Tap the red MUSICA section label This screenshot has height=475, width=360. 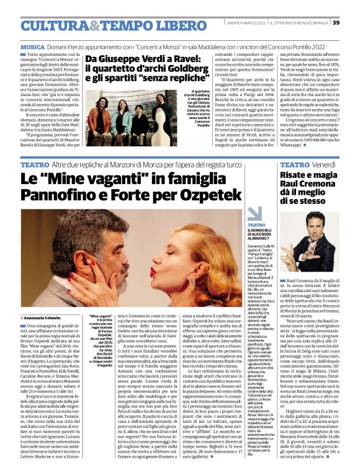click(32, 47)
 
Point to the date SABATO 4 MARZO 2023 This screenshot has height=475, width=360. click(249, 23)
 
